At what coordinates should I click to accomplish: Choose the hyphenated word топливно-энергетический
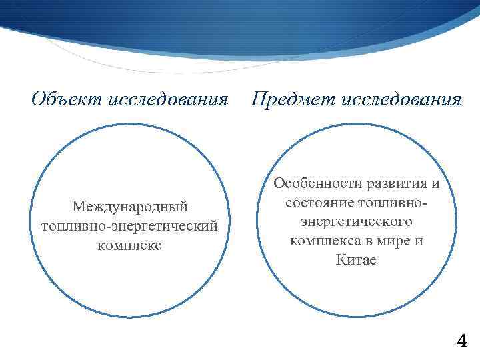(x=129, y=227)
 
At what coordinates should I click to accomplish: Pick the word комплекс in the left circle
(x=129, y=245)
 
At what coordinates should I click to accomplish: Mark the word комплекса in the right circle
(x=325, y=240)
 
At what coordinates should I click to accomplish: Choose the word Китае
(x=357, y=259)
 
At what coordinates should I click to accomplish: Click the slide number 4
(x=461, y=342)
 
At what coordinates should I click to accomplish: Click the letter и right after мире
(x=419, y=240)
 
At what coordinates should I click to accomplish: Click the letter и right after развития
(x=435, y=183)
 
